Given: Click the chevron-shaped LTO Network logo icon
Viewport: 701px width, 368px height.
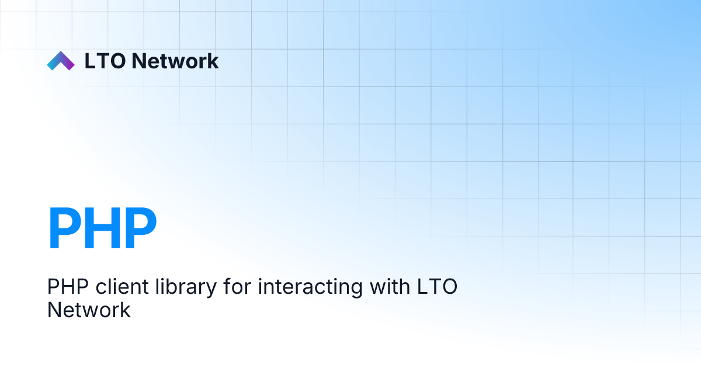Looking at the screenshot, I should tap(61, 61).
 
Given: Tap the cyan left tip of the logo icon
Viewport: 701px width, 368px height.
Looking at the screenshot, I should tap(51, 66).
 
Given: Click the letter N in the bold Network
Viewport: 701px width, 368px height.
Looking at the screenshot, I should tap(139, 61).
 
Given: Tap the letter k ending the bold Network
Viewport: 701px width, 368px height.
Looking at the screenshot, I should tap(213, 61).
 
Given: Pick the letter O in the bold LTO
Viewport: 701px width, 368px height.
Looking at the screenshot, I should tap(117, 61).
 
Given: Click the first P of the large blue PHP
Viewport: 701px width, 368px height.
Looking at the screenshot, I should tap(64, 228).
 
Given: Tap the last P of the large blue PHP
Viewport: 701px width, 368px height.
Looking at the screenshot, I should tap(139, 228).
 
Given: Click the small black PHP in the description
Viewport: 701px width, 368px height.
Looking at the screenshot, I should tap(63, 288).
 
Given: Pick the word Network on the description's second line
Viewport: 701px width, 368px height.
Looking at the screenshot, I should tap(89, 310).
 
